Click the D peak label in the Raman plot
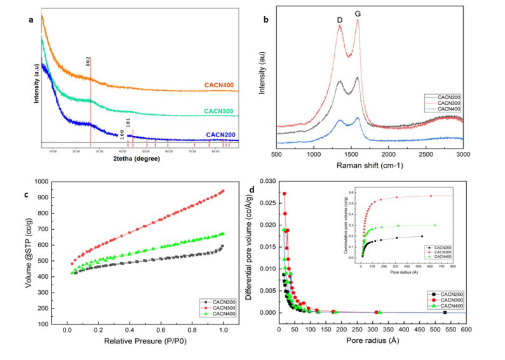[x=340, y=20]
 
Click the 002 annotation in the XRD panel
[x=88, y=62]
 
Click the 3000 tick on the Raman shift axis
[x=463, y=154]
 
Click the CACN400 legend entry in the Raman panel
[x=443, y=109]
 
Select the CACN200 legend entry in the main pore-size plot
[x=445, y=295]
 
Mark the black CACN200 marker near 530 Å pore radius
[x=445, y=312]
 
